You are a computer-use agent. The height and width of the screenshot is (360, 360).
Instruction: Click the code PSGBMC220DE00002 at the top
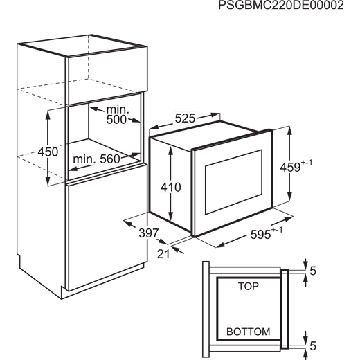tap(281, 6)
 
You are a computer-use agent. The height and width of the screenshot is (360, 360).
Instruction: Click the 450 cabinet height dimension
tap(48, 152)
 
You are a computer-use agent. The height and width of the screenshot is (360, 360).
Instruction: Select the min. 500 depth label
tap(117, 115)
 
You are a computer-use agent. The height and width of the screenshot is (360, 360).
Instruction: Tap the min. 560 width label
tap(96, 159)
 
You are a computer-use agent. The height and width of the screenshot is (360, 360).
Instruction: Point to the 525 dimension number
tap(185, 118)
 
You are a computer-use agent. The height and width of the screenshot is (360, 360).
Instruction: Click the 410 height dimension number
tap(171, 187)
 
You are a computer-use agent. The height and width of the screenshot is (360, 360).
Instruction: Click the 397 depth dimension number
tap(149, 233)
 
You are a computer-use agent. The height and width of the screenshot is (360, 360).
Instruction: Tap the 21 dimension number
tap(163, 254)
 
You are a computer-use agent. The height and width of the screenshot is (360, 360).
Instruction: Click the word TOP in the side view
tap(249, 286)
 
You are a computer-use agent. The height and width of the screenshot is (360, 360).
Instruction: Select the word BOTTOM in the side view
tap(249, 332)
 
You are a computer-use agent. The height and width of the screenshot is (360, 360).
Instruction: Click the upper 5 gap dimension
tap(313, 271)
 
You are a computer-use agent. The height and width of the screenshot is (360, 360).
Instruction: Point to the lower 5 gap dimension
tap(313, 346)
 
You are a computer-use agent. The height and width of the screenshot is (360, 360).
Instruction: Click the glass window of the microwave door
tap(233, 182)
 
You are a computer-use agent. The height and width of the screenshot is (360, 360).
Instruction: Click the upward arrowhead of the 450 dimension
tap(48, 115)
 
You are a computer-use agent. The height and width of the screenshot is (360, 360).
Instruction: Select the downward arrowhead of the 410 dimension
tap(170, 217)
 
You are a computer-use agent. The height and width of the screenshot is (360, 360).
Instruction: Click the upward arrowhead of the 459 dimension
tap(290, 131)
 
